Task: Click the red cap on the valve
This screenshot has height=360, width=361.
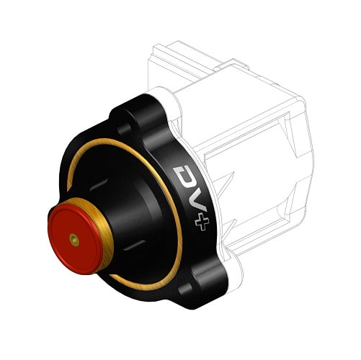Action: click(x=73, y=230)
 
